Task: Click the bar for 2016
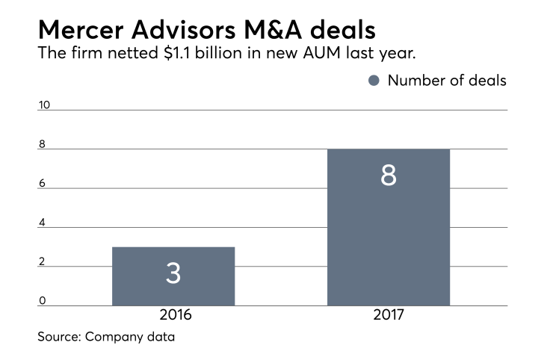[173, 276]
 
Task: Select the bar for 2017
[389, 227]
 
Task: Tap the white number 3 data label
[173, 273]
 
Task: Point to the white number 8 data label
[389, 175]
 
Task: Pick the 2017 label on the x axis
[389, 316]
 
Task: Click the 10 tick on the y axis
[44, 105]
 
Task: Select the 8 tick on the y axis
[42, 144]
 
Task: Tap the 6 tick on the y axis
[42, 184]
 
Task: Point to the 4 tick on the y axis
[42, 223]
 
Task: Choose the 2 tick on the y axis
[42, 262]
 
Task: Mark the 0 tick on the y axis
[42, 301]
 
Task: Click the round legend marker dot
[374, 81]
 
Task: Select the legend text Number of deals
[446, 81]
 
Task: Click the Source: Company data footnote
[106, 337]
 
